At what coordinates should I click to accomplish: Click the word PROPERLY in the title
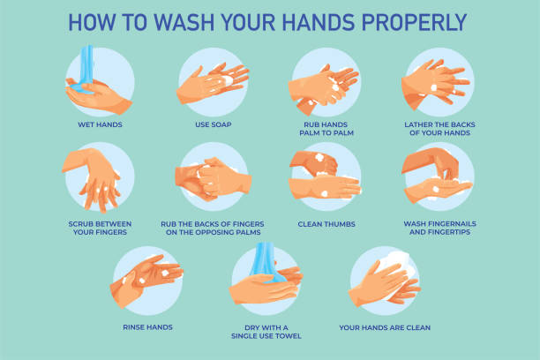[x=404, y=21]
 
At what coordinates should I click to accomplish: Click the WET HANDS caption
[x=98, y=124]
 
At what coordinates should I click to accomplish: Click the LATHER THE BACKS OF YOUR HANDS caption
[x=438, y=129]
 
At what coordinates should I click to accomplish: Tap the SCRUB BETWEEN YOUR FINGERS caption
[x=98, y=229]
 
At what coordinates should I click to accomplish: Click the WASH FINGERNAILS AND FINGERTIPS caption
[x=438, y=229]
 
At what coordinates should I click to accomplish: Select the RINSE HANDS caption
[x=147, y=326]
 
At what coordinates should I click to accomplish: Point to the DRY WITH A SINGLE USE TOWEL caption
[x=266, y=331]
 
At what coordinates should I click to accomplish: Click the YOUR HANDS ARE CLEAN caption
[x=385, y=326]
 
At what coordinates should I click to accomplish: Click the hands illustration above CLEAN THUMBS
[x=325, y=176]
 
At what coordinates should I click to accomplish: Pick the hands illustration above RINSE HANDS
[x=147, y=281]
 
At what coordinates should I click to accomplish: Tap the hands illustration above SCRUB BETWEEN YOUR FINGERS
[x=98, y=176]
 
